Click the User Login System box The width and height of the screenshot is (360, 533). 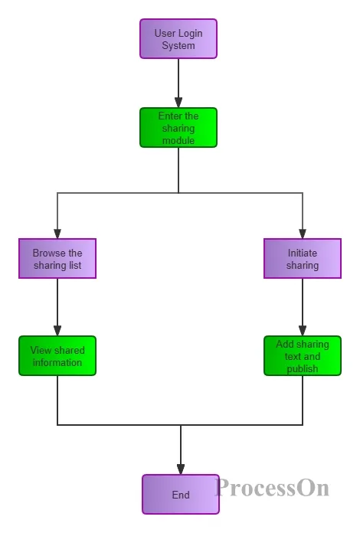(x=178, y=39)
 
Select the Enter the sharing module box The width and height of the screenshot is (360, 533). (x=178, y=127)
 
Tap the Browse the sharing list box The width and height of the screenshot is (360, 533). (x=57, y=258)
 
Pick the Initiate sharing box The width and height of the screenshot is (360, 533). (x=303, y=258)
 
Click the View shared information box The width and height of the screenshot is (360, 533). (x=57, y=355)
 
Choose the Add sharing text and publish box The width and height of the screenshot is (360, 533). (x=303, y=355)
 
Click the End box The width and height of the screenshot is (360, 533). (x=181, y=494)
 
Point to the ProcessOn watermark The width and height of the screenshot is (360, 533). (x=272, y=488)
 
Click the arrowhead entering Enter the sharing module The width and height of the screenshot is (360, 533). (x=178, y=103)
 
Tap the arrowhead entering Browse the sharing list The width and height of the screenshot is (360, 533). (x=57, y=234)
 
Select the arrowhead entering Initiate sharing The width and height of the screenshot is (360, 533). (x=303, y=234)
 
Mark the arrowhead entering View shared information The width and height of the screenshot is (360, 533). (x=57, y=331)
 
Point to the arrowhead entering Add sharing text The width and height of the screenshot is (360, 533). (x=303, y=331)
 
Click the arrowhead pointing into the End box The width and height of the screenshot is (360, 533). (x=181, y=469)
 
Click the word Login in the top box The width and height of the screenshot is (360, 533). (x=191, y=34)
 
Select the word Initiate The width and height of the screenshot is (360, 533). (x=303, y=253)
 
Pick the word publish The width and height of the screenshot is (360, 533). (x=303, y=369)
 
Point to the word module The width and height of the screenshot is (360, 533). (x=178, y=140)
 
